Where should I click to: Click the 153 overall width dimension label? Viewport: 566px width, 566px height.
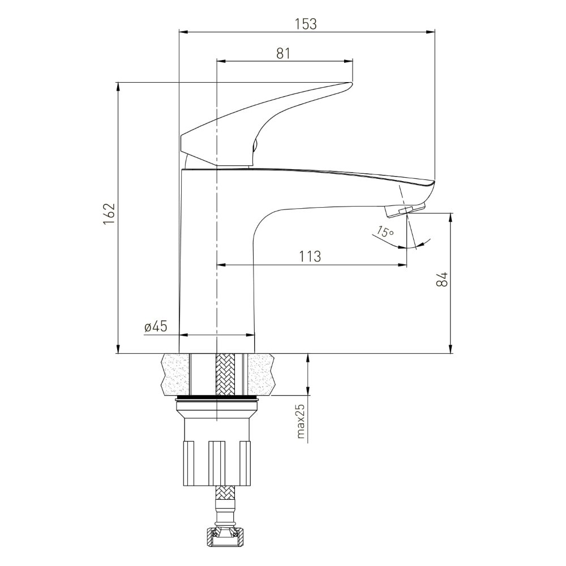click(306, 24)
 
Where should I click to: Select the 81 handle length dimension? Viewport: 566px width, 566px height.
click(284, 53)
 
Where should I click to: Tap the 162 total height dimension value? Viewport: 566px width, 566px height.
click(109, 214)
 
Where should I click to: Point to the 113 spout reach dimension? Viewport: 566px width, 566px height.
click(310, 256)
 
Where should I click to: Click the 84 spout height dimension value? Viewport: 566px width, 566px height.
click(442, 280)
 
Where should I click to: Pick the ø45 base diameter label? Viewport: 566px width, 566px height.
click(156, 327)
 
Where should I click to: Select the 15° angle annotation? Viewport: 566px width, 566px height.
click(385, 231)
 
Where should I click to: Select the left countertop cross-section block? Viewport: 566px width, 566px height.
click(177, 374)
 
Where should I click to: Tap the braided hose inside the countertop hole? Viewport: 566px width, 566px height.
click(225, 374)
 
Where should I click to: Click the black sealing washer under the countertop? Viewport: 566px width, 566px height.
click(217, 398)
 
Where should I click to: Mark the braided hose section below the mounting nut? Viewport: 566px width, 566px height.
click(225, 499)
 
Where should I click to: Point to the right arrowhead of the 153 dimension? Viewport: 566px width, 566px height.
click(431, 32)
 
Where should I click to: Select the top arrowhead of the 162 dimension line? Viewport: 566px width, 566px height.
click(118, 87)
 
